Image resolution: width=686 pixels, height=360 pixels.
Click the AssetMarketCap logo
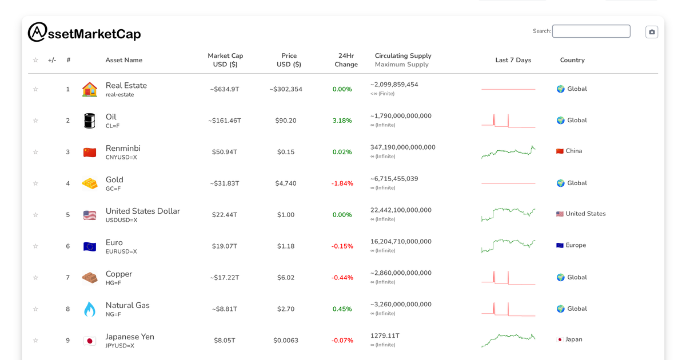coord(84,33)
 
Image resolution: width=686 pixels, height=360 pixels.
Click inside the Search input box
coord(591,31)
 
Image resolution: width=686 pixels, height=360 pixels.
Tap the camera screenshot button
coord(652,32)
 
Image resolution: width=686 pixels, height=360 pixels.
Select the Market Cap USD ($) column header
coord(225,60)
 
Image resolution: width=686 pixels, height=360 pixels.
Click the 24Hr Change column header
coord(346,60)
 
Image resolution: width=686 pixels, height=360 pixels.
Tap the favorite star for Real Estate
coord(35,89)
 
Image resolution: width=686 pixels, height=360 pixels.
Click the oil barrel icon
coord(90,121)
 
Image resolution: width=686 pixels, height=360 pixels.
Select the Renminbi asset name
coord(123,149)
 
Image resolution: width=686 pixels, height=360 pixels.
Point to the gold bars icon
coord(90,183)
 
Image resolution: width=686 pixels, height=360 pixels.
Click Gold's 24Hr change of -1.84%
coord(342,183)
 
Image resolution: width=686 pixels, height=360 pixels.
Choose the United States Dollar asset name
coord(143,211)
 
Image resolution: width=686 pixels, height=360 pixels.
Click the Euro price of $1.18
coord(286,246)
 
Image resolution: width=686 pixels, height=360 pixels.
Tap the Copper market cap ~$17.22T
coord(225,278)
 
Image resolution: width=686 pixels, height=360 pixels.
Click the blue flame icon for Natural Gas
coord(90,309)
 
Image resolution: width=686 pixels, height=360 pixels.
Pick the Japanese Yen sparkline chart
coord(508,340)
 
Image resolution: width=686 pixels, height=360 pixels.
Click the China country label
coord(573,151)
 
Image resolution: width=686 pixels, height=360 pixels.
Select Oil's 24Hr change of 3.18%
coord(342,121)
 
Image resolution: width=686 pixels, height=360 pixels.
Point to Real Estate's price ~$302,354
coord(286,89)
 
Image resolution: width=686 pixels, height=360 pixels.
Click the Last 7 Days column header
coord(513,60)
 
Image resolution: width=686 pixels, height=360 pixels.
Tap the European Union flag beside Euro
coord(90,246)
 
